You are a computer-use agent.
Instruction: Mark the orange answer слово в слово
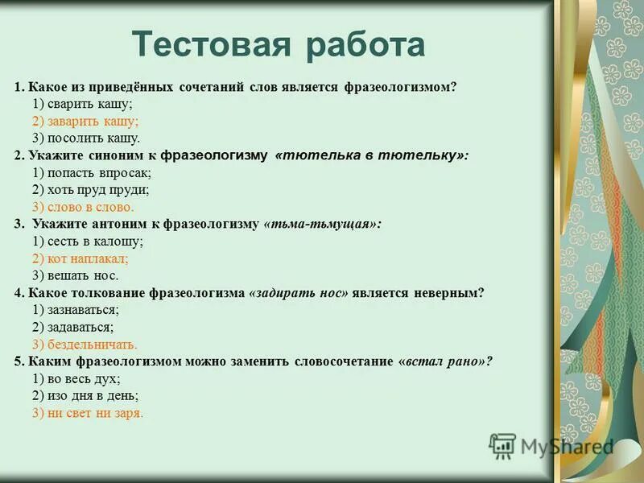pyautogui.click(x=89, y=207)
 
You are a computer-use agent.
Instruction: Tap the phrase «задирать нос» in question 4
pyautogui.click(x=299, y=293)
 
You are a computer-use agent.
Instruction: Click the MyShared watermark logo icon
pyautogui.click(x=502, y=446)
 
